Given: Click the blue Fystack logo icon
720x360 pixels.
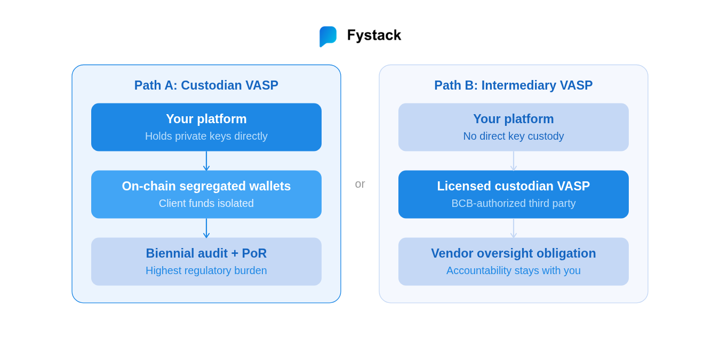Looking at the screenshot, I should [328, 36].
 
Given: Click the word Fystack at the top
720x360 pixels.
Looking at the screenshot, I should [374, 35].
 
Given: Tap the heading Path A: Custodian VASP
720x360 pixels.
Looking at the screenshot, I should [206, 85].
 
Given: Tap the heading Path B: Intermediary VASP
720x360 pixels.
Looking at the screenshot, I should [513, 85].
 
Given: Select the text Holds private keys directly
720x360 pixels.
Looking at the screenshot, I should [206, 136].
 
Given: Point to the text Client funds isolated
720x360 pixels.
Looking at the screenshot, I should [206, 203].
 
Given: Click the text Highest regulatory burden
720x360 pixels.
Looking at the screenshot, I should [206, 270].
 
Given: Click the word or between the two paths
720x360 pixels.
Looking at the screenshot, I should [360, 184].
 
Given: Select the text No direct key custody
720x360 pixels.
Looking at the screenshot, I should [513, 136].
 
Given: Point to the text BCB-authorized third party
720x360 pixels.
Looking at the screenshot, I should [513, 203].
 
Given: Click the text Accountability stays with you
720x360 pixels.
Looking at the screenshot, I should [513, 270].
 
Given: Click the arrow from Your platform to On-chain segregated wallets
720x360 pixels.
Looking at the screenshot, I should [206, 161].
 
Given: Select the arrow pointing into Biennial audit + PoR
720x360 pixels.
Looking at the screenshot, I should [206, 228].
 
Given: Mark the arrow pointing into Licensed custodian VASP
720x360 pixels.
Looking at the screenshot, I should [514, 161].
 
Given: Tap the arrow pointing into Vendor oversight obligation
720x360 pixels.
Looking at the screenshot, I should [514, 228].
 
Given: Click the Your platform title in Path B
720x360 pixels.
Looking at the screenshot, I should [513, 119].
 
